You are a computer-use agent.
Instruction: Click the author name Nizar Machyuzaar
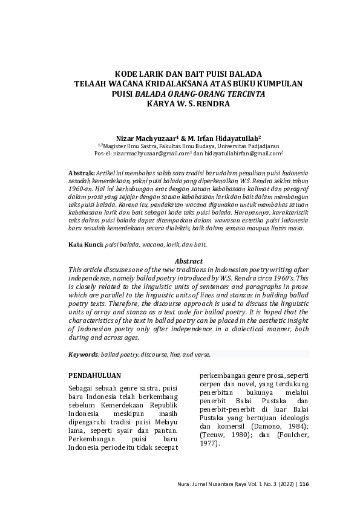143,138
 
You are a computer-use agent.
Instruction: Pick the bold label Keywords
83,354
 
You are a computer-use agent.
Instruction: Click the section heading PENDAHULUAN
94,375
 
